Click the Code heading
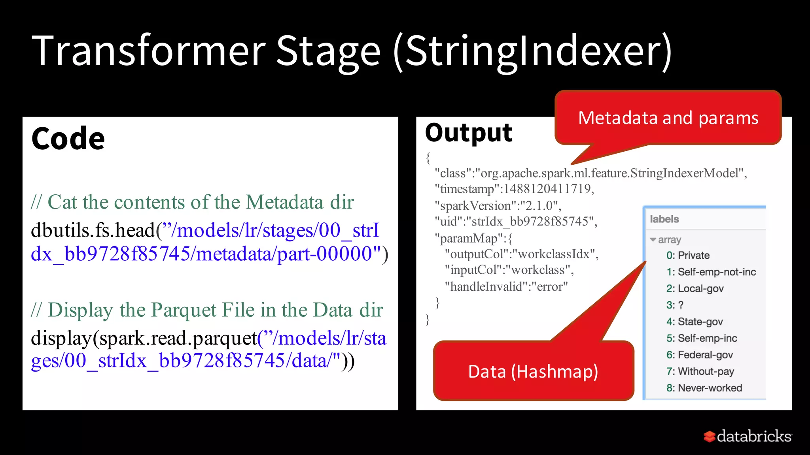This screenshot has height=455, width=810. coord(68,139)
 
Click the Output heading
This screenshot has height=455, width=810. coord(468,133)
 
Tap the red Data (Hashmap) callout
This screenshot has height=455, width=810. coord(533,371)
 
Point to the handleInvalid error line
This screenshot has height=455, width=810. coord(506,286)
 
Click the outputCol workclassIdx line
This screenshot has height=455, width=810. coord(521,254)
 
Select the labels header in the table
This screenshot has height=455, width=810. coord(664,219)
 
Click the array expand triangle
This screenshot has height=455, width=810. coord(653,240)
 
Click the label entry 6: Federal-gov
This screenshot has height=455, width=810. coord(699,355)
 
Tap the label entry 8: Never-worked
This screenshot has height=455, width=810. coord(704,388)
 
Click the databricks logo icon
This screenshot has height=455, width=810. coord(710,436)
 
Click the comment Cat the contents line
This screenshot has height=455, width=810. coord(192,202)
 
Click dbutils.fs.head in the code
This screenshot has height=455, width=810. coord(93,230)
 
